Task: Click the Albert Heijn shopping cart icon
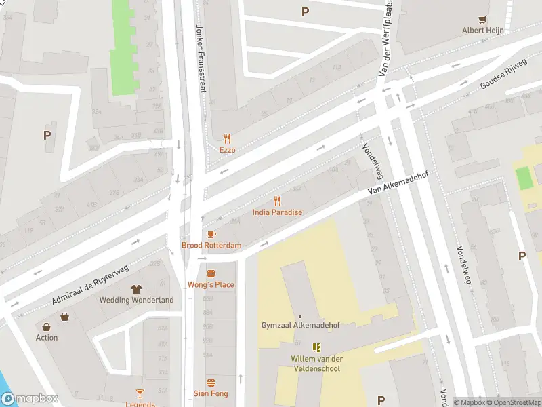point(483,20)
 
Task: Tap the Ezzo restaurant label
point(227,149)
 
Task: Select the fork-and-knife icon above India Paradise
point(276,201)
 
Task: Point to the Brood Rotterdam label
point(211,245)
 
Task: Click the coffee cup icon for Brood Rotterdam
point(211,234)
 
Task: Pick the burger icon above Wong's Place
point(211,273)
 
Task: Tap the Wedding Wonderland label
point(136,300)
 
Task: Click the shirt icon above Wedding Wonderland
point(136,289)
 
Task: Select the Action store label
point(47,337)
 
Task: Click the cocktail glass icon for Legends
point(140,393)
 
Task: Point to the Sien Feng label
point(211,393)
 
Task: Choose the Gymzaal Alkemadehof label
point(300,325)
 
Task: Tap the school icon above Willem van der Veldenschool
point(316,347)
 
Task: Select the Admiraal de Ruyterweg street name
point(90,285)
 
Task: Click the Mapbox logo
point(30,399)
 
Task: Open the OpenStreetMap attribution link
point(515,402)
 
